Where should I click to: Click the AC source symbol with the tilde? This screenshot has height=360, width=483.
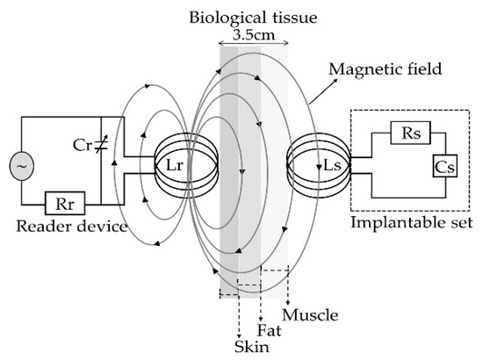point(17,165)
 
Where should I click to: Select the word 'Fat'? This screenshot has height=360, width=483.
point(268,331)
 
